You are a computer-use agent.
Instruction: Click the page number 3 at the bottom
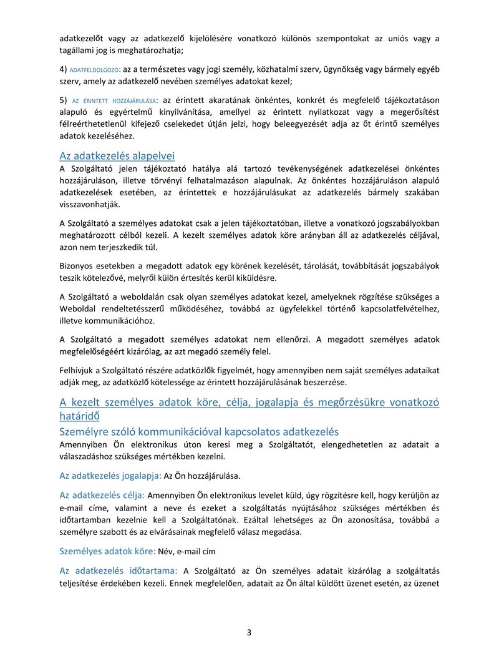tap(249, 632)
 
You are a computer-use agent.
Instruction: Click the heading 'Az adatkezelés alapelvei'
tap(117, 156)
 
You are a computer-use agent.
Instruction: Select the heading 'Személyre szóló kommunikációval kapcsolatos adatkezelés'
tap(198, 431)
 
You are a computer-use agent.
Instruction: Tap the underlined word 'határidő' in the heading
tap(79, 415)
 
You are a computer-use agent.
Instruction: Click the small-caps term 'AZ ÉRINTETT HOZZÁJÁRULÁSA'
tap(114, 100)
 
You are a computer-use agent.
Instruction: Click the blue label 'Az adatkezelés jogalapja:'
tap(110, 476)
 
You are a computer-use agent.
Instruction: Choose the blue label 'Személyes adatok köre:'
tap(107, 551)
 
